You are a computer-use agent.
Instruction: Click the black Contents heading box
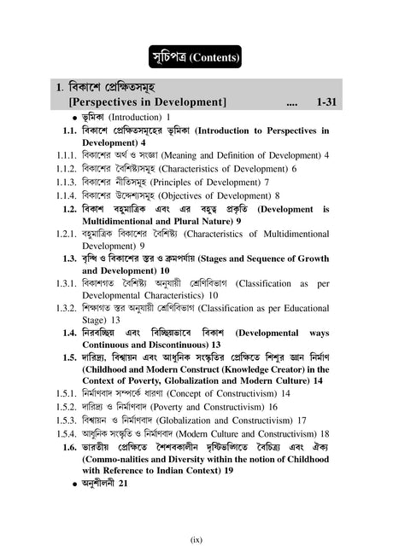click(196, 57)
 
